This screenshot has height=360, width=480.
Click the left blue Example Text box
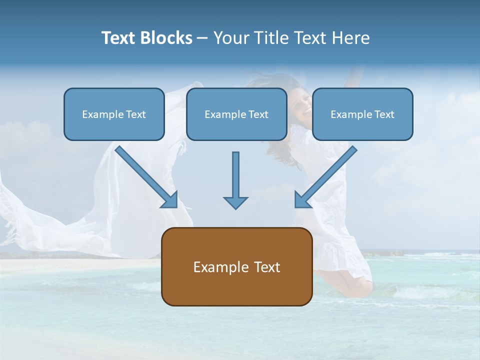(x=114, y=114)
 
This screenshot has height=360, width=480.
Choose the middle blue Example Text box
(x=236, y=114)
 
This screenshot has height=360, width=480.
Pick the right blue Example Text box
(x=362, y=114)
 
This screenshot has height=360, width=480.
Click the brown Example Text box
(x=236, y=266)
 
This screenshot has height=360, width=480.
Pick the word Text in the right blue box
(x=384, y=114)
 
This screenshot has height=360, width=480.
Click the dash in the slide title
(x=202, y=38)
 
